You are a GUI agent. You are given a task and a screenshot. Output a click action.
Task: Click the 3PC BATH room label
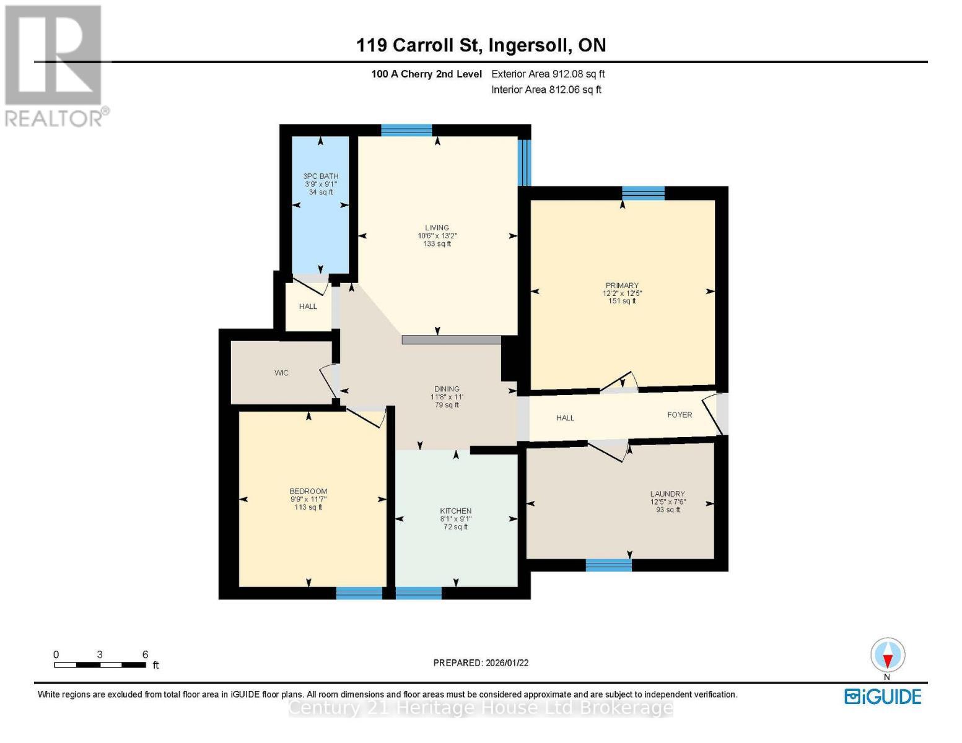pos(321,176)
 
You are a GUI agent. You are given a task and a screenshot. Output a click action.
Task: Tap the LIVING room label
pos(437,228)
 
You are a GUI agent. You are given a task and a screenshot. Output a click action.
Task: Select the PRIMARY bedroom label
pos(622,285)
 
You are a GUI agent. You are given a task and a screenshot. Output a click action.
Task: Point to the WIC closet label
pos(281,373)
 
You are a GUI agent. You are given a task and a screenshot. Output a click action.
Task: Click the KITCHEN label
pos(456,511)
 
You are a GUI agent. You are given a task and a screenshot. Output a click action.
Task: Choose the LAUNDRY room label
pos(668,494)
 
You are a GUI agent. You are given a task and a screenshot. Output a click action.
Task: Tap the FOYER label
pos(680,415)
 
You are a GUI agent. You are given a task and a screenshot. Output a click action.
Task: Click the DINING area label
pos(447,389)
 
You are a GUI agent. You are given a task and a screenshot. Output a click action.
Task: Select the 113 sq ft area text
pos(308,508)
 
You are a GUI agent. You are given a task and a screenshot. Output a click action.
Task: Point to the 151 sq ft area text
pos(622,302)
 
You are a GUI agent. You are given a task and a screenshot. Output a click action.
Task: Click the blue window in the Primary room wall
pos(644,193)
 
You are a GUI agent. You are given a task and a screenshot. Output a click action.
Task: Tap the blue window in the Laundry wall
pos(609,565)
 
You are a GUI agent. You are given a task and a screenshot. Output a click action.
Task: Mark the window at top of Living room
pos(406,130)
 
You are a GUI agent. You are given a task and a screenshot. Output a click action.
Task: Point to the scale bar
pos(100,665)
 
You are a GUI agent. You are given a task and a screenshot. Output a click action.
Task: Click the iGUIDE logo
pos(883,697)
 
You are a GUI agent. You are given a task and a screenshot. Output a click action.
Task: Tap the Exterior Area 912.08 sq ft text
pos(548,74)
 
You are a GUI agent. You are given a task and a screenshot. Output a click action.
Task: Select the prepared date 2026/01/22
pos(481,663)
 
